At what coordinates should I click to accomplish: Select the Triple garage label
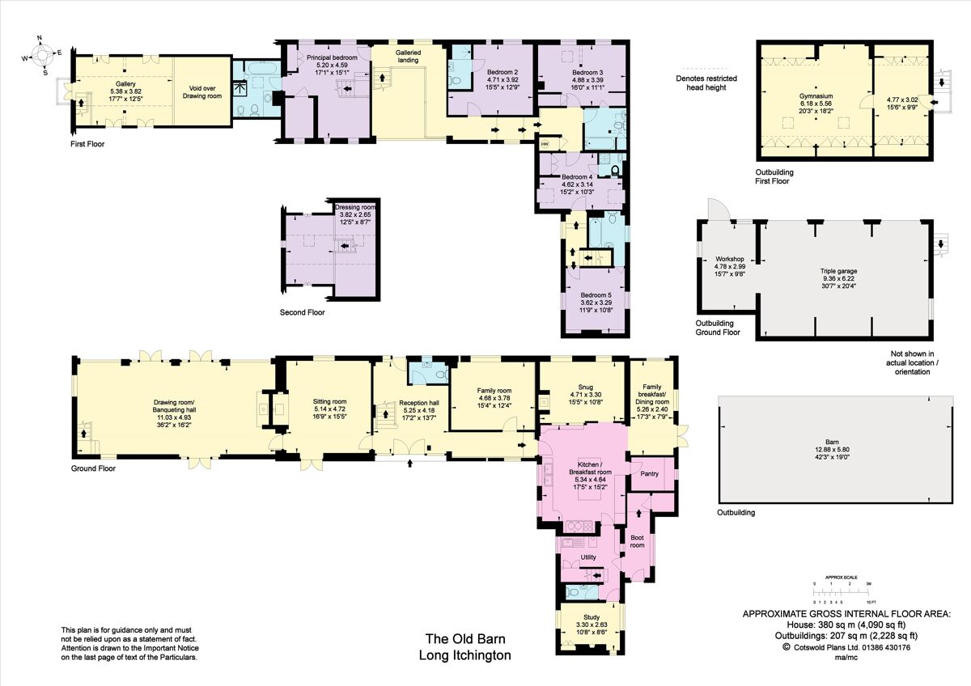(838, 271)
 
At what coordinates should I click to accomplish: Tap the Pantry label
(649, 474)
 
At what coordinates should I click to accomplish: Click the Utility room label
(588, 558)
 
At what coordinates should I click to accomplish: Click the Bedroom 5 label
(594, 294)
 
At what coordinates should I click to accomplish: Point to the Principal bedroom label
(332, 58)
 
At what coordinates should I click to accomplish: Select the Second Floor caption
(302, 312)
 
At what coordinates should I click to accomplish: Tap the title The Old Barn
(464, 638)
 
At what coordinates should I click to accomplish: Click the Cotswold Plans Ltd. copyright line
(846, 647)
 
